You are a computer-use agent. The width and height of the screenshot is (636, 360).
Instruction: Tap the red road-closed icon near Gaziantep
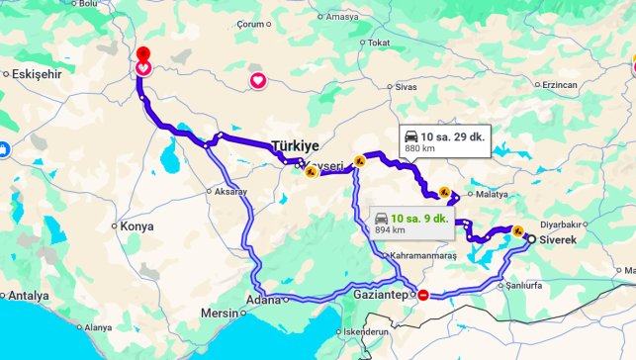pos(423,294)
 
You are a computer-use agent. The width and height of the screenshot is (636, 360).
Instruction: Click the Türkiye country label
pos(296,145)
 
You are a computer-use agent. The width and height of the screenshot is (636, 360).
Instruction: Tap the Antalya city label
pos(30,296)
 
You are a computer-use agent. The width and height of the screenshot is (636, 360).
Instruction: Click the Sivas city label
pos(406,88)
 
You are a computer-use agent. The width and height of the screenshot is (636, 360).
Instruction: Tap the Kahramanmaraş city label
pos(422,257)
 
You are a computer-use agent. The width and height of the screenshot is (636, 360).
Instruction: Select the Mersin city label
pos(220,314)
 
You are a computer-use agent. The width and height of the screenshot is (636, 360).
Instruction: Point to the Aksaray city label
pos(228,191)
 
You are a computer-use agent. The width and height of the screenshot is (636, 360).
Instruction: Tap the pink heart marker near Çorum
pos(257,80)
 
